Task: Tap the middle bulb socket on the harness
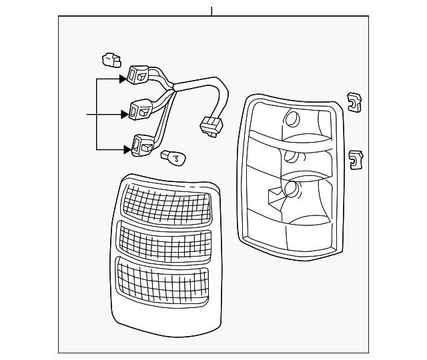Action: click(141, 109)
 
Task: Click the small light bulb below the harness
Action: click(174, 158)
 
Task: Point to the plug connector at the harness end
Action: click(211, 126)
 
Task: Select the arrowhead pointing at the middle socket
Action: click(125, 114)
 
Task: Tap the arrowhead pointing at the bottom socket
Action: click(127, 149)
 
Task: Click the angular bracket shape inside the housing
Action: click(276, 196)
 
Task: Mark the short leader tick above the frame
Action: click(211, 11)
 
